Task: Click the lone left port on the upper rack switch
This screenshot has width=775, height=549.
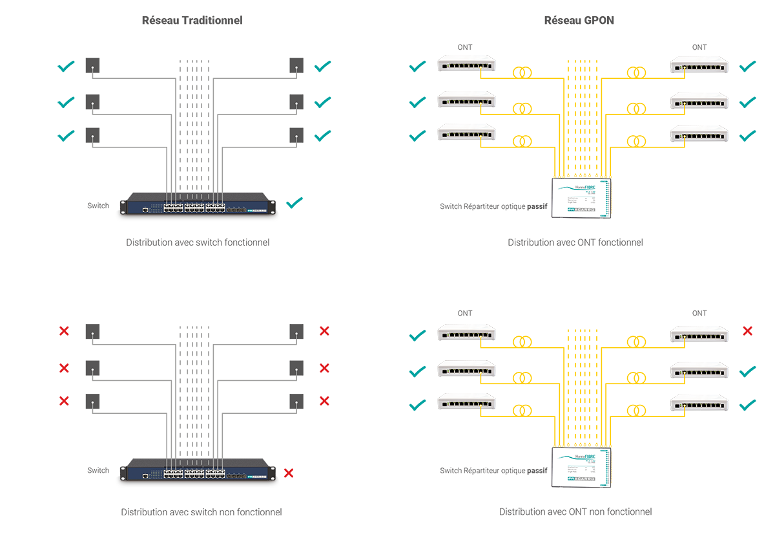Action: click(147, 210)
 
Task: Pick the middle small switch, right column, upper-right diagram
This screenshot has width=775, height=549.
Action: click(700, 100)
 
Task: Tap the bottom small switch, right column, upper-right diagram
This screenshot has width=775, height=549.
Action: click(700, 135)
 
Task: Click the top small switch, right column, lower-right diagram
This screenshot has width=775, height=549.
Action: click(700, 335)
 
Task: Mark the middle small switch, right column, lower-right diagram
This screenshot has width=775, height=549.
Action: click(700, 370)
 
